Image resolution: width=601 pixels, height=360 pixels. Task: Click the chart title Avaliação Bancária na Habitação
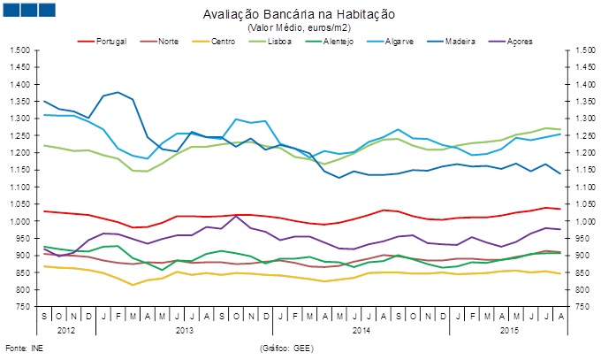[300, 16]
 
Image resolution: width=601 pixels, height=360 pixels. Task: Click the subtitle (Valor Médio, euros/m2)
[300, 28]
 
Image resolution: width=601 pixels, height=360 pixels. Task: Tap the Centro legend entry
[232, 42]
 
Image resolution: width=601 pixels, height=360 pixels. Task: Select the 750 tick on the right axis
[578, 306]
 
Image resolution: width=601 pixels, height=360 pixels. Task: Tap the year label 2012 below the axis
[66, 330]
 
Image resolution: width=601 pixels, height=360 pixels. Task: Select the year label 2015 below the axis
[503, 330]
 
